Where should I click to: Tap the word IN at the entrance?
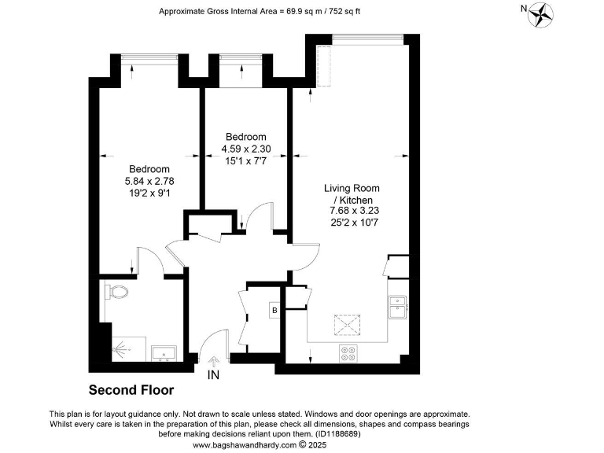click(x=213, y=376)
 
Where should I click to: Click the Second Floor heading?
click(x=131, y=390)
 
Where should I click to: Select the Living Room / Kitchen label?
click(x=352, y=194)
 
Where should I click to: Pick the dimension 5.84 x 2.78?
click(x=149, y=181)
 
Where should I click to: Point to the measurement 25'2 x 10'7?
click(x=352, y=222)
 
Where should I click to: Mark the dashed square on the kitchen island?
click(x=346, y=325)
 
